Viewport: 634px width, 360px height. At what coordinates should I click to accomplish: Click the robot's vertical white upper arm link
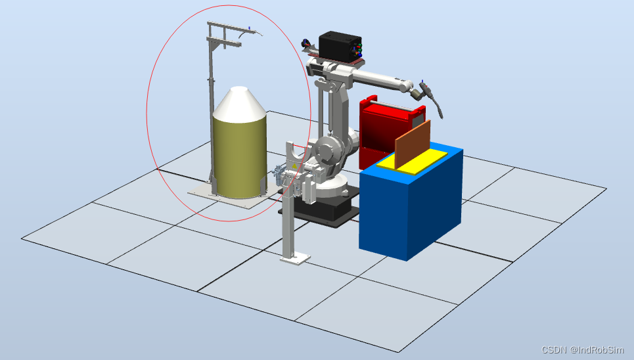(x=340, y=112)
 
